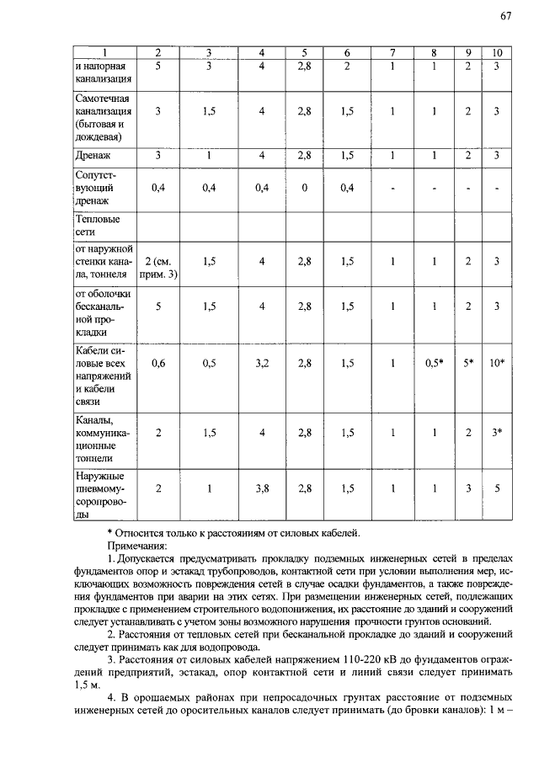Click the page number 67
pyautogui.click(x=505, y=16)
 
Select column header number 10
pyautogui.click(x=497, y=53)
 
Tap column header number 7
pyautogui.click(x=392, y=53)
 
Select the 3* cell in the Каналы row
pyautogui.click(x=497, y=432)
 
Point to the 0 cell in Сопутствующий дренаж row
pyautogui.click(x=304, y=188)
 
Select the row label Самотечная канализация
pyautogui.click(x=101, y=117)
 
